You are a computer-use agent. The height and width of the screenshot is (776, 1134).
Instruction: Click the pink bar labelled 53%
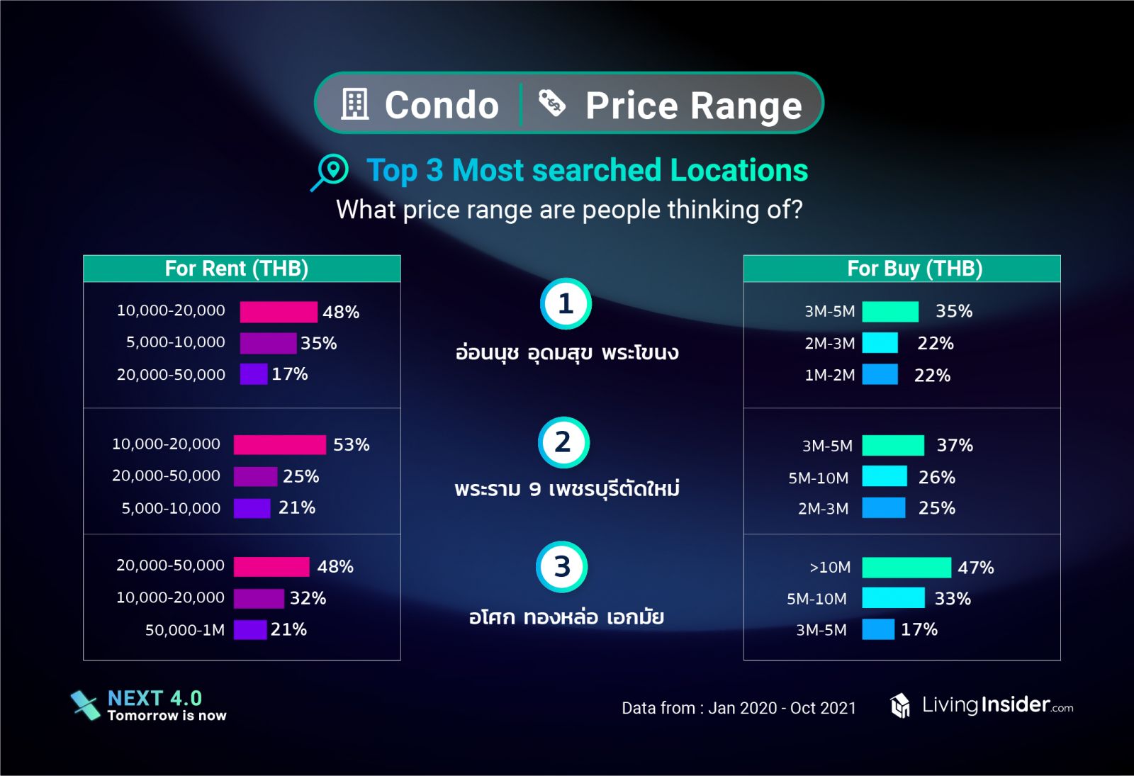279,444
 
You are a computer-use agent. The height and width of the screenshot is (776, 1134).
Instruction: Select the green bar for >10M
906,567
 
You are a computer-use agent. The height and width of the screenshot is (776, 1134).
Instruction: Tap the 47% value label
975,568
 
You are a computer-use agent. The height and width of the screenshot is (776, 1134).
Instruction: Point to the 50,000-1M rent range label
185,630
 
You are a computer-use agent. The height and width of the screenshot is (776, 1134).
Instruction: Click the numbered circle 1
566,304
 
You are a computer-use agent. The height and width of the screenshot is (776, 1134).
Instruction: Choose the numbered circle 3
561,567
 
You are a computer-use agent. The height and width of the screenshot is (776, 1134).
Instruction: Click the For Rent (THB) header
237,269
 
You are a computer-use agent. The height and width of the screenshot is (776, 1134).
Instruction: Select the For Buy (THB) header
914,269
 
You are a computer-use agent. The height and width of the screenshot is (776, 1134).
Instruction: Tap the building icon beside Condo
355,104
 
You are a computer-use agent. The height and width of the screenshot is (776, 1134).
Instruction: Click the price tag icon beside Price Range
551,103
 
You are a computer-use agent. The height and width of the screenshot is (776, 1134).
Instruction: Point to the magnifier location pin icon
331,171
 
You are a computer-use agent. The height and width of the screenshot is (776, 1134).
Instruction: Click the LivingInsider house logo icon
900,705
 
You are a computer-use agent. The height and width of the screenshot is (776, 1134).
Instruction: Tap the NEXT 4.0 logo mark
86,704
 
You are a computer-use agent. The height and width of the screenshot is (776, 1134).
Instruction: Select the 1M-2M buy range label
829,375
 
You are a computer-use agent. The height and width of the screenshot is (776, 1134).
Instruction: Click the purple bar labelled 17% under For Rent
253,373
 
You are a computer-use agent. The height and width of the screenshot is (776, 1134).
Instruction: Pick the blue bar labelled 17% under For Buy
877,629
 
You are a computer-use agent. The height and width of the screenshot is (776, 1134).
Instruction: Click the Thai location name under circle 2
567,488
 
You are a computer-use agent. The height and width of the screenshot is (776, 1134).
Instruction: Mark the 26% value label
936,477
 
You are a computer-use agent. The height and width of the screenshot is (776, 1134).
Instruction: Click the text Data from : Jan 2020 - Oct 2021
739,708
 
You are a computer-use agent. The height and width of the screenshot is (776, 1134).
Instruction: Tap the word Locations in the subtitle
739,171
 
